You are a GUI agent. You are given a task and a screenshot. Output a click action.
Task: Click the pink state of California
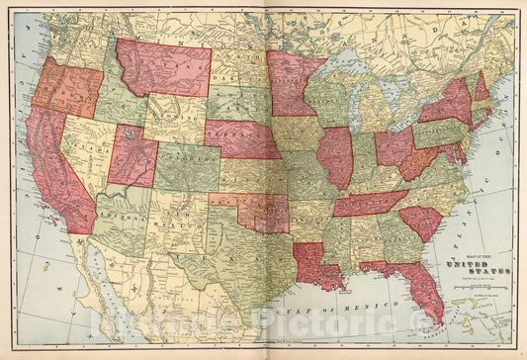54,173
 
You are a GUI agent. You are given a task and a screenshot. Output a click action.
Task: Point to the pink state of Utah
132,156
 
